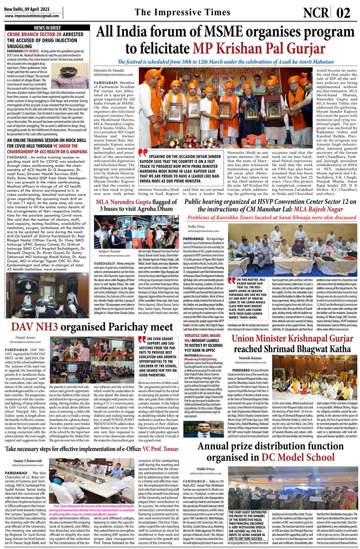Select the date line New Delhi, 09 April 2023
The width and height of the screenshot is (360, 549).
tap(27, 8)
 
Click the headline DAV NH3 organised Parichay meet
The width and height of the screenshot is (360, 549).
tap(92, 327)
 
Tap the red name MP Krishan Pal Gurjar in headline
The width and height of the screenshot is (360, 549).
tap(259, 48)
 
